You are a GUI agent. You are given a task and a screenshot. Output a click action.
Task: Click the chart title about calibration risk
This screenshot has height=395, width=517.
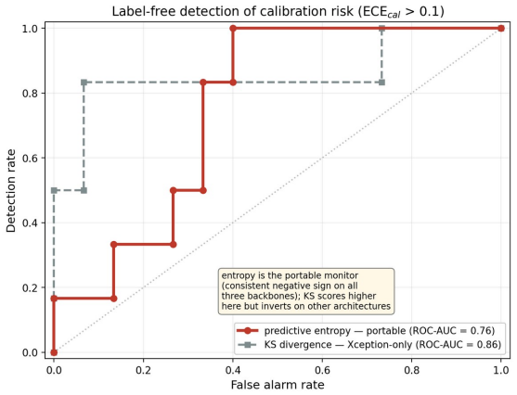point(278,11)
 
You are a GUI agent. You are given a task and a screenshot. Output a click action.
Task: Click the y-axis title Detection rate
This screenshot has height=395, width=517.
point(10,191)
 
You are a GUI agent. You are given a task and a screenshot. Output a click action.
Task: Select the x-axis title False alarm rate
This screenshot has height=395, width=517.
point(278,385)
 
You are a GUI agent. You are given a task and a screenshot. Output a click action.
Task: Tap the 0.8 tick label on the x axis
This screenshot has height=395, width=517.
point(412,370)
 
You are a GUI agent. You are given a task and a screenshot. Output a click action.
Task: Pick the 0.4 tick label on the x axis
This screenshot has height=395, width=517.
point(233,370)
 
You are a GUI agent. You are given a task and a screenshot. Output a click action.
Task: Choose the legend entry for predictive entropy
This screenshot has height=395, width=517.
point(366,330)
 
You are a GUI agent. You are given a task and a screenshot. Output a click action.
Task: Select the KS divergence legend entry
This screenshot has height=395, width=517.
point(369,345)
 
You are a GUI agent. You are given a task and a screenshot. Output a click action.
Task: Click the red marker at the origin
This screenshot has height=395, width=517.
point(54,352)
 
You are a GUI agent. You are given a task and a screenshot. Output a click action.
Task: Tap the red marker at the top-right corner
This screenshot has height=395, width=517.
point(501,29)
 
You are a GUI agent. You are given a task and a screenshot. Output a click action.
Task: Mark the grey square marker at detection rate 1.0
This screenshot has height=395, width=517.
point(381,29)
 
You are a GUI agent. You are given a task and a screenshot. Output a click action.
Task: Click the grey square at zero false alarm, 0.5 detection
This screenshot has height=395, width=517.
point(54,190)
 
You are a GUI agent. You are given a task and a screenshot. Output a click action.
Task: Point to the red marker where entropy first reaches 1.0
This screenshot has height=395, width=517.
point(233,29)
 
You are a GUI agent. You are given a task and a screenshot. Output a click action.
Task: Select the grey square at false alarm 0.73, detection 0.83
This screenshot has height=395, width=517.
point(381,83)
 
